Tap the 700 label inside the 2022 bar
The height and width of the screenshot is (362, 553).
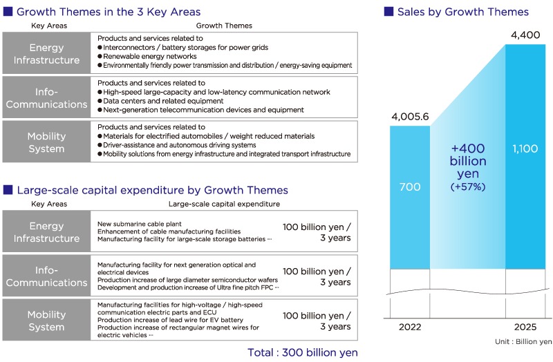[410, 187]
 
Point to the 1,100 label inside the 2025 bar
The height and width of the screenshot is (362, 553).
[525, 148]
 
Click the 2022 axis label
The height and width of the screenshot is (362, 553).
[410, 325]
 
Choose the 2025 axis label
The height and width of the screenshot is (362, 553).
[525, 325]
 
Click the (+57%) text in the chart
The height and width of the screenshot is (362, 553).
[468, 187]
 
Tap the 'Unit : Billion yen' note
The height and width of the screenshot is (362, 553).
[523, 341]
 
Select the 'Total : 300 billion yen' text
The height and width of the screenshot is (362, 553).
[303, 352]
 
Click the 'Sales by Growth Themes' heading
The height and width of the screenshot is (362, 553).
[462, 12]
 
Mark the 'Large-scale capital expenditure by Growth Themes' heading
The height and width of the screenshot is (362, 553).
[152, 190]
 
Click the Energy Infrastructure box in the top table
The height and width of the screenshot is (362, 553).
[46, 54]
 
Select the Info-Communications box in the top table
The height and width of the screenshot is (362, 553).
[46, 98]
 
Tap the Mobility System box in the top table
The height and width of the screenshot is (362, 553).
[46, 142]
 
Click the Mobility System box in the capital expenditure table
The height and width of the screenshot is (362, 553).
[46, 321]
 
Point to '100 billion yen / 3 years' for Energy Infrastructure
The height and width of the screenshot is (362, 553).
[317, 232]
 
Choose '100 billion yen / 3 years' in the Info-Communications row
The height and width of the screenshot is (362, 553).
[317, 276]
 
